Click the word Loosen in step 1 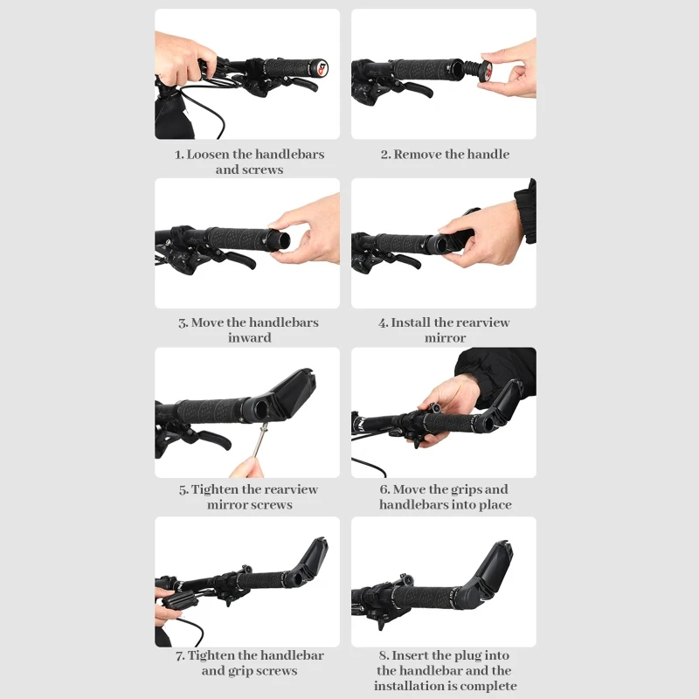(208, 155)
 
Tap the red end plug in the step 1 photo (322, 69)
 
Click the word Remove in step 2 (418, 155)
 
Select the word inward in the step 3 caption (250, 337)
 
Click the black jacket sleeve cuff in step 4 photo (526, 211)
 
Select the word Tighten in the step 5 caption (215, 489)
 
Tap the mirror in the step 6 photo (509, 398)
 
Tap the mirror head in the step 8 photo (495, 566)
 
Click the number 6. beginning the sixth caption (384, 489)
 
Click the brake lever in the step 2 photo (416, 89)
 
